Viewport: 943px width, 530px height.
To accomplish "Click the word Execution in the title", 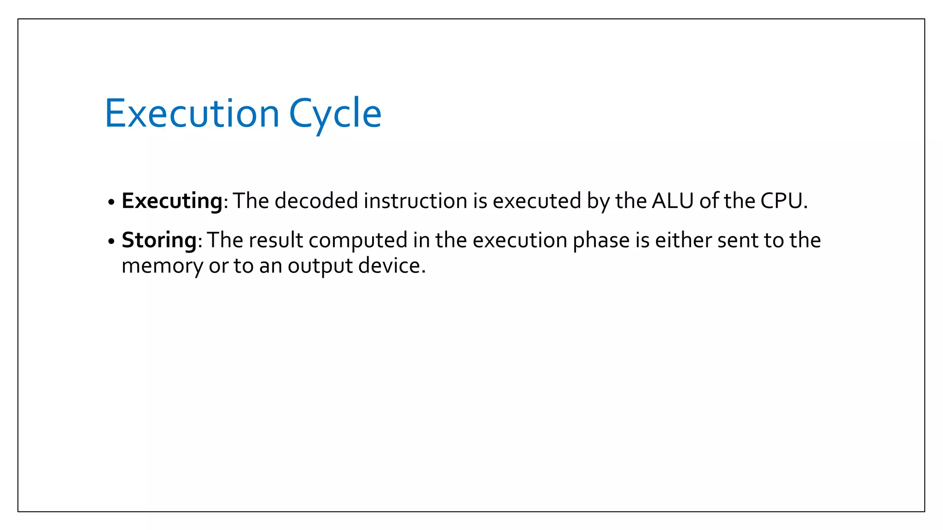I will [192, 113].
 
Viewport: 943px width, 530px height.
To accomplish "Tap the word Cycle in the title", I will [335, 114].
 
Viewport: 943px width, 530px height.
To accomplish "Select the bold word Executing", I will [172, 201].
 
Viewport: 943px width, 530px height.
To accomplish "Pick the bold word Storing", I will [159, 240].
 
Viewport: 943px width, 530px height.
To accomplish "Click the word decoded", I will [316, 201].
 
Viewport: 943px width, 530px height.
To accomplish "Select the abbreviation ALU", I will [673, 201].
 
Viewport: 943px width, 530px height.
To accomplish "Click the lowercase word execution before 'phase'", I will [520, 240].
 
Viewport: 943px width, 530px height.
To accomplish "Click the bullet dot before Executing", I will [111, 202].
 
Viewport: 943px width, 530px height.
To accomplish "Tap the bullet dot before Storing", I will [111, 242].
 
